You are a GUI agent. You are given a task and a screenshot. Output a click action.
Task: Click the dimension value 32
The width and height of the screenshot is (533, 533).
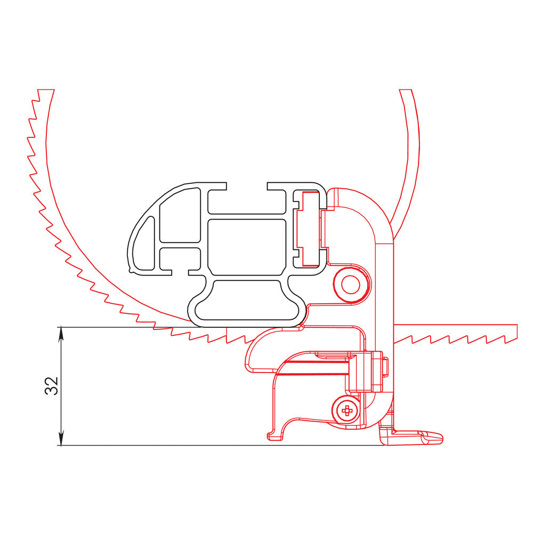(51, 385)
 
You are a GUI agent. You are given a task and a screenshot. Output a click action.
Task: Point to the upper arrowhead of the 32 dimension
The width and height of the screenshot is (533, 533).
(61, 333)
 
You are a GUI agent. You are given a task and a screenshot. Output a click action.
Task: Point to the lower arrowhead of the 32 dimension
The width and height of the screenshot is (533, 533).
(61, 440)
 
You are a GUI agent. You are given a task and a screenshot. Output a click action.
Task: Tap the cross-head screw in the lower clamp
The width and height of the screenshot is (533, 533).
(347, 410)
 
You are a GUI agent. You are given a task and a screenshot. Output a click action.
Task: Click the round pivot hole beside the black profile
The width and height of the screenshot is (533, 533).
(350, 284)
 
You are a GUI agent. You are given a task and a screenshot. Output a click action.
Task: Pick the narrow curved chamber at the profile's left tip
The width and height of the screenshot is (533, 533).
(142, 240)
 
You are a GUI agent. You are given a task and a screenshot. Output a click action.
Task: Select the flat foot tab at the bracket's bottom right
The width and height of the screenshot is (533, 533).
(421, 438)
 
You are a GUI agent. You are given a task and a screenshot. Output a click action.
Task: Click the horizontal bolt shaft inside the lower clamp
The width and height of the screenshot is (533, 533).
(314, 368)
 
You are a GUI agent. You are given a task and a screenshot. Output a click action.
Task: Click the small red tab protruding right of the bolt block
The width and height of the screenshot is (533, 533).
(385, 366)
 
